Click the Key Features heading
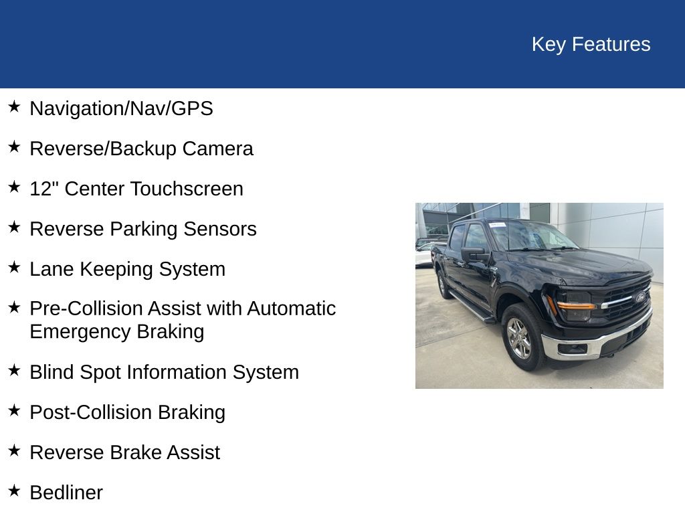click(x=591, y=44)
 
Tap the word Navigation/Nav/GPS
click(x=121, y=108)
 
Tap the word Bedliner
click(x=66, y=493)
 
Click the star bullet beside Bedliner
click(x=14, y=491)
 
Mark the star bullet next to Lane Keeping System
click(x=14, y=267)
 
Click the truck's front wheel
click(x=520, y=338)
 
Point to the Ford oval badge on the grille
click(x=640, y=296)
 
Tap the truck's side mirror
click(x=473, y=254)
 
